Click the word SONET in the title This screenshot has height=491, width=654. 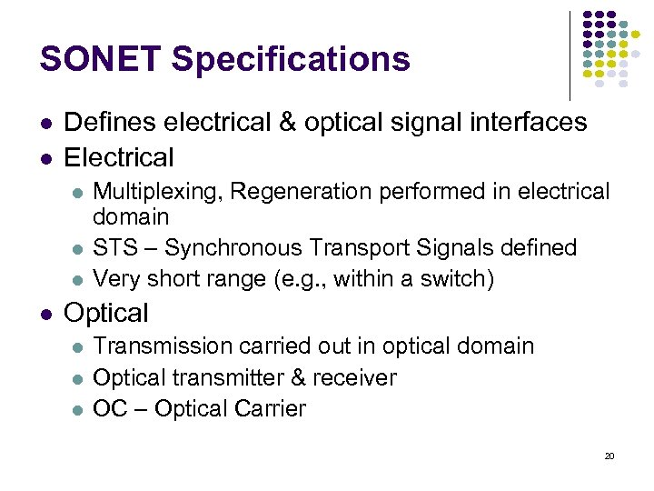coord(101,59)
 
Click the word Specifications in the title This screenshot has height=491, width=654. coord(291,59)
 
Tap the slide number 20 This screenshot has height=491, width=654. coord(609,456)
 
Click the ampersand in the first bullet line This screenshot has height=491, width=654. coord(290,122)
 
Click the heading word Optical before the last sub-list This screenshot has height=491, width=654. coord(106,313)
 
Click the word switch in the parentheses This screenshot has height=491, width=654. coord(460,277)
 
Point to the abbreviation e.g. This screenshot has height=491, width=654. coord(299,277)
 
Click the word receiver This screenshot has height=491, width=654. coord(352,377)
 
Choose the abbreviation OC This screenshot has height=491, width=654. coord(110,408)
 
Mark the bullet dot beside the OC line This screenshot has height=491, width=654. coord(77,409)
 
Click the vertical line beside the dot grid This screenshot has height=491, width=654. coord(570,55)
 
